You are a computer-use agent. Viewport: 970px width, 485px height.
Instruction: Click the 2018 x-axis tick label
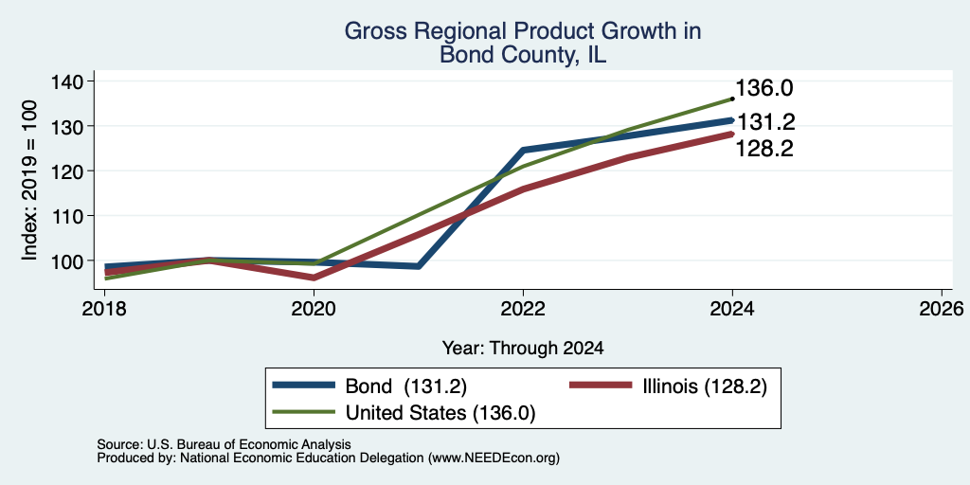tap(104, 308)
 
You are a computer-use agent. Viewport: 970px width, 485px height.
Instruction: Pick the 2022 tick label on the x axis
tap(523, 308)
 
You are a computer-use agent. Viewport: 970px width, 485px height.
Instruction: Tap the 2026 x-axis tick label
tap(943, 308)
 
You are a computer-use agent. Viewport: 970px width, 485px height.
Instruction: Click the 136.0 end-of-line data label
tap(764, 88)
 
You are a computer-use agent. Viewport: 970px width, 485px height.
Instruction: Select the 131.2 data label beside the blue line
tap(765, 122)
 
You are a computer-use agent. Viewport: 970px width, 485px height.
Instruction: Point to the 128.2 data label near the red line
tap(764, 149)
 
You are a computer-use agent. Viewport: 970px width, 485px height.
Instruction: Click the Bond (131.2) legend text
tap(405, 386)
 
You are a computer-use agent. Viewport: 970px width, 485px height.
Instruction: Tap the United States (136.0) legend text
tap(440, 413)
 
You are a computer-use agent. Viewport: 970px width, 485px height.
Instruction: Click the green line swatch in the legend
tap(304, 412)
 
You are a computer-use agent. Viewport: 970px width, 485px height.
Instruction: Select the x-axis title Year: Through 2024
tap(523, 349)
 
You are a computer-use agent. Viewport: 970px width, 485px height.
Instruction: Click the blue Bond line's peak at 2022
tap(523, 150)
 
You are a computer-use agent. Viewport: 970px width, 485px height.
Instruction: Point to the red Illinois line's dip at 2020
tap(314, 278)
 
